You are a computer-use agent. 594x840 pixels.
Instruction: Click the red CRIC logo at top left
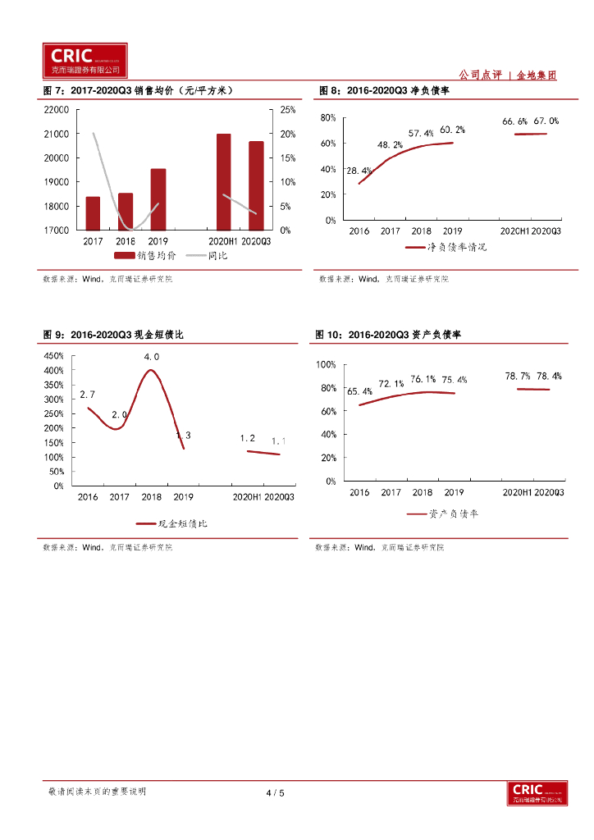point(85,60)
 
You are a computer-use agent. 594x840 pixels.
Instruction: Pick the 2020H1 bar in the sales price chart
point(223,182)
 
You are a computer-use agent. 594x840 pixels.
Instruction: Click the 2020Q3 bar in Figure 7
point(256,185)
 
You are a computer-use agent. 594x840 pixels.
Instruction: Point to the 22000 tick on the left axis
point(55,109)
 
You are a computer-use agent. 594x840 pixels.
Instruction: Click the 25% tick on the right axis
point(288,109)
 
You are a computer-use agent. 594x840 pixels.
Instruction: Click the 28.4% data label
point(359,171)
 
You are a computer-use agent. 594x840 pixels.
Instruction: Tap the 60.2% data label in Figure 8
point(452,130)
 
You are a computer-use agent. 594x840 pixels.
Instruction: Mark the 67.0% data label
point(546,121)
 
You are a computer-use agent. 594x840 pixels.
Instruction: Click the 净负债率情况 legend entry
point(446,247)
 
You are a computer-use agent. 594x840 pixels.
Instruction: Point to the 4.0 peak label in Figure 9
point(152,357)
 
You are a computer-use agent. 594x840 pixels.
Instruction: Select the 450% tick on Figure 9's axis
point(53,356)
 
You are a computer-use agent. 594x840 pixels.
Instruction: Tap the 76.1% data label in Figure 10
point(423,379)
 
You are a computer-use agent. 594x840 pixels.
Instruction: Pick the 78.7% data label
point(517,376)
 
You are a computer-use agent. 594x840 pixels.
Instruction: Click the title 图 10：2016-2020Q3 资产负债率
point(389,335)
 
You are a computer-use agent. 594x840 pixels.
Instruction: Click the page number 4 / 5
point(275,792)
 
